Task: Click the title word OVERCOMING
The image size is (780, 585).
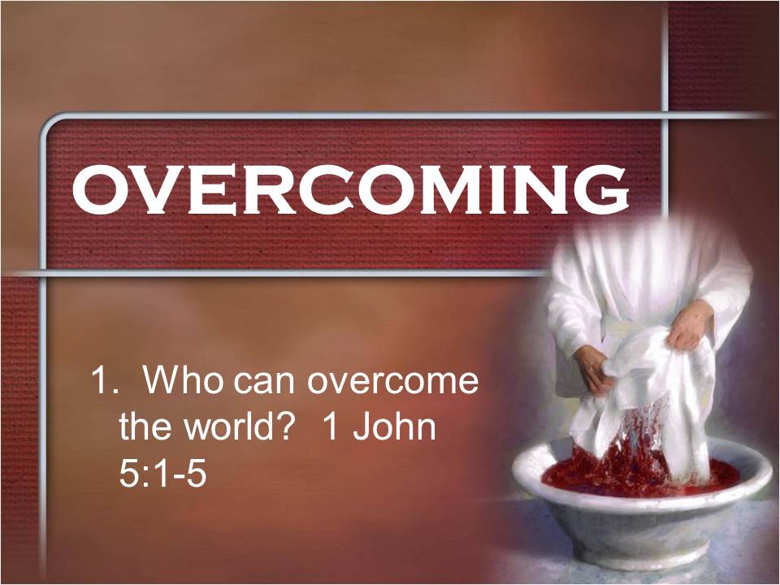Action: click(350, 189)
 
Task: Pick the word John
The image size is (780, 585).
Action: click(395, 427)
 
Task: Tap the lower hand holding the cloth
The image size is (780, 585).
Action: click(593, 368)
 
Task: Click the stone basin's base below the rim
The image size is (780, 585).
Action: click(642, 532)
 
